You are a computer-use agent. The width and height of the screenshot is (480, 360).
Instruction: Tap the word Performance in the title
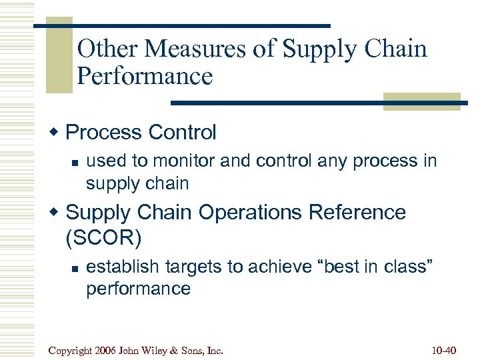click(145, 76)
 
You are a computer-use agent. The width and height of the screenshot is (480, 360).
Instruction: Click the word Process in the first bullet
click(103, 132)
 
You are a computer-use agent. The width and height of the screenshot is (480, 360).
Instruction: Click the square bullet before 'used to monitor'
click(75, 161)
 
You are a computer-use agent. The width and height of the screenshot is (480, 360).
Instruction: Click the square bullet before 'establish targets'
click(75, 268)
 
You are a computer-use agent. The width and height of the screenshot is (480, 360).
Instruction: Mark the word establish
click(122, 267)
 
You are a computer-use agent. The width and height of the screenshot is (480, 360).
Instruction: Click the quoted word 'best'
click(340, 267)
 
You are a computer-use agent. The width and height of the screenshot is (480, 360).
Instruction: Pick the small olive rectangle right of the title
click(421, 101)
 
